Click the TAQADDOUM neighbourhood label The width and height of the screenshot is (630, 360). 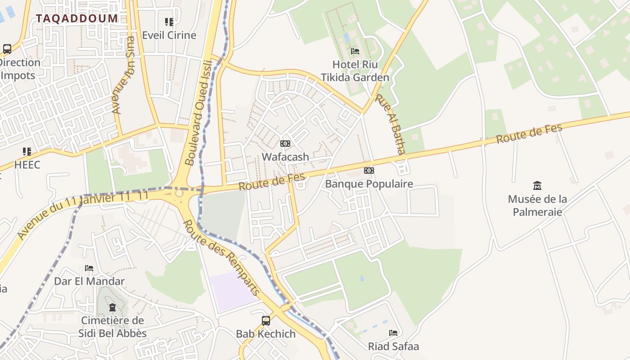[77, 18]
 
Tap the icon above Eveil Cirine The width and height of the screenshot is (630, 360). [169, 22]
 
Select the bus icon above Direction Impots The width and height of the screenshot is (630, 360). [7, 49]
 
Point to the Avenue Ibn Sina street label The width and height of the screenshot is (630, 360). [123, 75]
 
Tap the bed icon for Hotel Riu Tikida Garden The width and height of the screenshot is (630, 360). [355, 51]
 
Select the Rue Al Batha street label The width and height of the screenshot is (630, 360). [391, 124]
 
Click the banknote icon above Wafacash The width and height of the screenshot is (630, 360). [285, 144]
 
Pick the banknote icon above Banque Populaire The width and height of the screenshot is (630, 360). [369, 171]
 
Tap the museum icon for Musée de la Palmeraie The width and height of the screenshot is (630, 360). [537, 185]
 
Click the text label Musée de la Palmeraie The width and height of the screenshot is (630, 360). [537, 205]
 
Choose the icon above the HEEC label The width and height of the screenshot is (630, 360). [27, 152]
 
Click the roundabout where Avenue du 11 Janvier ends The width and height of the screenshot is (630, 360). [179, 193]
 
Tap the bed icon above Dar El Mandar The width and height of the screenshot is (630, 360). [89, 268]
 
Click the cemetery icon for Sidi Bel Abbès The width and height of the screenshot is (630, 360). [112, 308]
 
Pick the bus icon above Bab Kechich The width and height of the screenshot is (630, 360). [266, 321]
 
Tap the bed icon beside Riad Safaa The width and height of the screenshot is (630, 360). [393, 333]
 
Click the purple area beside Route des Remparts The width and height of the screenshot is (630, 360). [232, 291]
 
